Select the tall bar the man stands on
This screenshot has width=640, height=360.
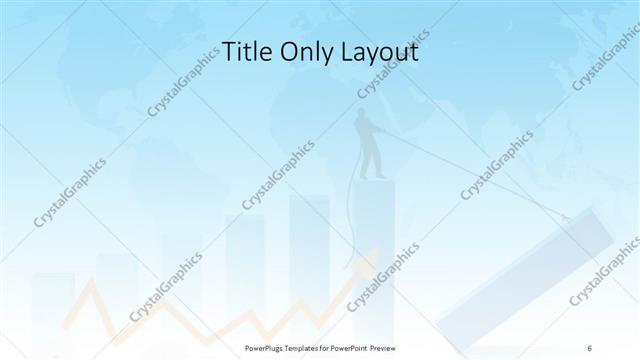coord(373,250)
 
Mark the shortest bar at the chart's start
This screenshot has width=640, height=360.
coord(52,300)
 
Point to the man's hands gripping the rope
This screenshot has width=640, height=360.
coord(384,136)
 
